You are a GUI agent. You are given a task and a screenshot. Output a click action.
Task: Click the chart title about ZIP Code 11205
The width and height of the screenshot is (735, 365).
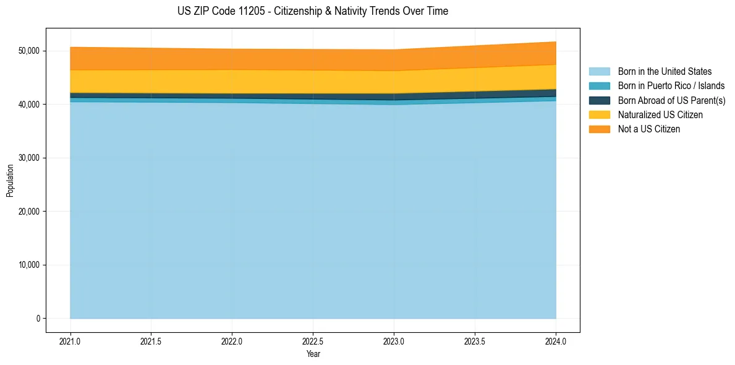[x=308, y=11]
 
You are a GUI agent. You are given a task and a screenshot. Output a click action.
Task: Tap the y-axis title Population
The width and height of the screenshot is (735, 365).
[x=10, y=181]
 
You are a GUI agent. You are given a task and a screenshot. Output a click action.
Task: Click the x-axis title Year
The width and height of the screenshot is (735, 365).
[x=313, y=354]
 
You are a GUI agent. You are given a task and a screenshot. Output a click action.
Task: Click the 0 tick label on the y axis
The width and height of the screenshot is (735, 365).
[x=38, y=319]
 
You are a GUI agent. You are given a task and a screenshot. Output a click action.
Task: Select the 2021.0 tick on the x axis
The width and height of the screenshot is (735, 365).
[x=70, y=341]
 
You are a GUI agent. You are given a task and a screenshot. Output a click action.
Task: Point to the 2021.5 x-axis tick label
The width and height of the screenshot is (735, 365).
[x=151, y=341]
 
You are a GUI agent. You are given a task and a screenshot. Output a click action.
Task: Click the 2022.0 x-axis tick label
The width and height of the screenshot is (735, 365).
[x=232, y=341]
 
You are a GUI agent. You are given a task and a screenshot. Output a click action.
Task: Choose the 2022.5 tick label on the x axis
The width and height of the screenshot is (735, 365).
[x=313, y=341]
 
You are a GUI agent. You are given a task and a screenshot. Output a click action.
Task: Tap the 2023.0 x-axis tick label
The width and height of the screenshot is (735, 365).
[x=394, y=341]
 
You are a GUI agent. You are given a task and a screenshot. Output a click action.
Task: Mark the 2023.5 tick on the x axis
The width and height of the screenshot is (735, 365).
[x=475, y=341]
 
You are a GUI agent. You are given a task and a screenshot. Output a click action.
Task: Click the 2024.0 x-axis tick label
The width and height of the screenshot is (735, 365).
[x=556, y=341]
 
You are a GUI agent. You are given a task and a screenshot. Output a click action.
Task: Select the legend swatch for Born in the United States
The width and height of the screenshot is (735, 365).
[x=599, y=72]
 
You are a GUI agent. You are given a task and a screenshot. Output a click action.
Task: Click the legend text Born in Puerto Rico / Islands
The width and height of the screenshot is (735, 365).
[x=671, y=86]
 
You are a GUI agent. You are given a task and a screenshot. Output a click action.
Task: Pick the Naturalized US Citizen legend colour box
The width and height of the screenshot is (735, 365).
[x=599, y=114]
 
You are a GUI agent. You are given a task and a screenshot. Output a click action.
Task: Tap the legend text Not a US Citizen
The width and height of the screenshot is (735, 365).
[x=648, y=129]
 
